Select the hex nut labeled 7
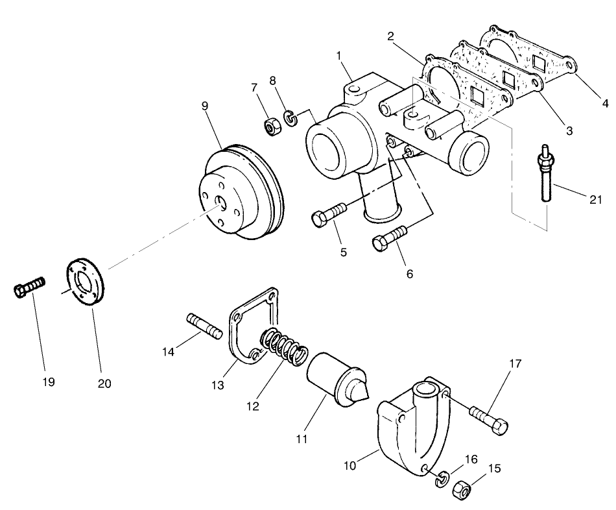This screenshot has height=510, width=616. coord(271,125)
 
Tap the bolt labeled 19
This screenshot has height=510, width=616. coord(29,286)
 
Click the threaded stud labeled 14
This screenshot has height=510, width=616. coord(204,326)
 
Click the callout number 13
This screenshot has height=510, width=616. coord(217,385)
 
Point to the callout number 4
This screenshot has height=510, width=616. coord(605,102)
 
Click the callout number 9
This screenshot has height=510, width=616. coord(205,104)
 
